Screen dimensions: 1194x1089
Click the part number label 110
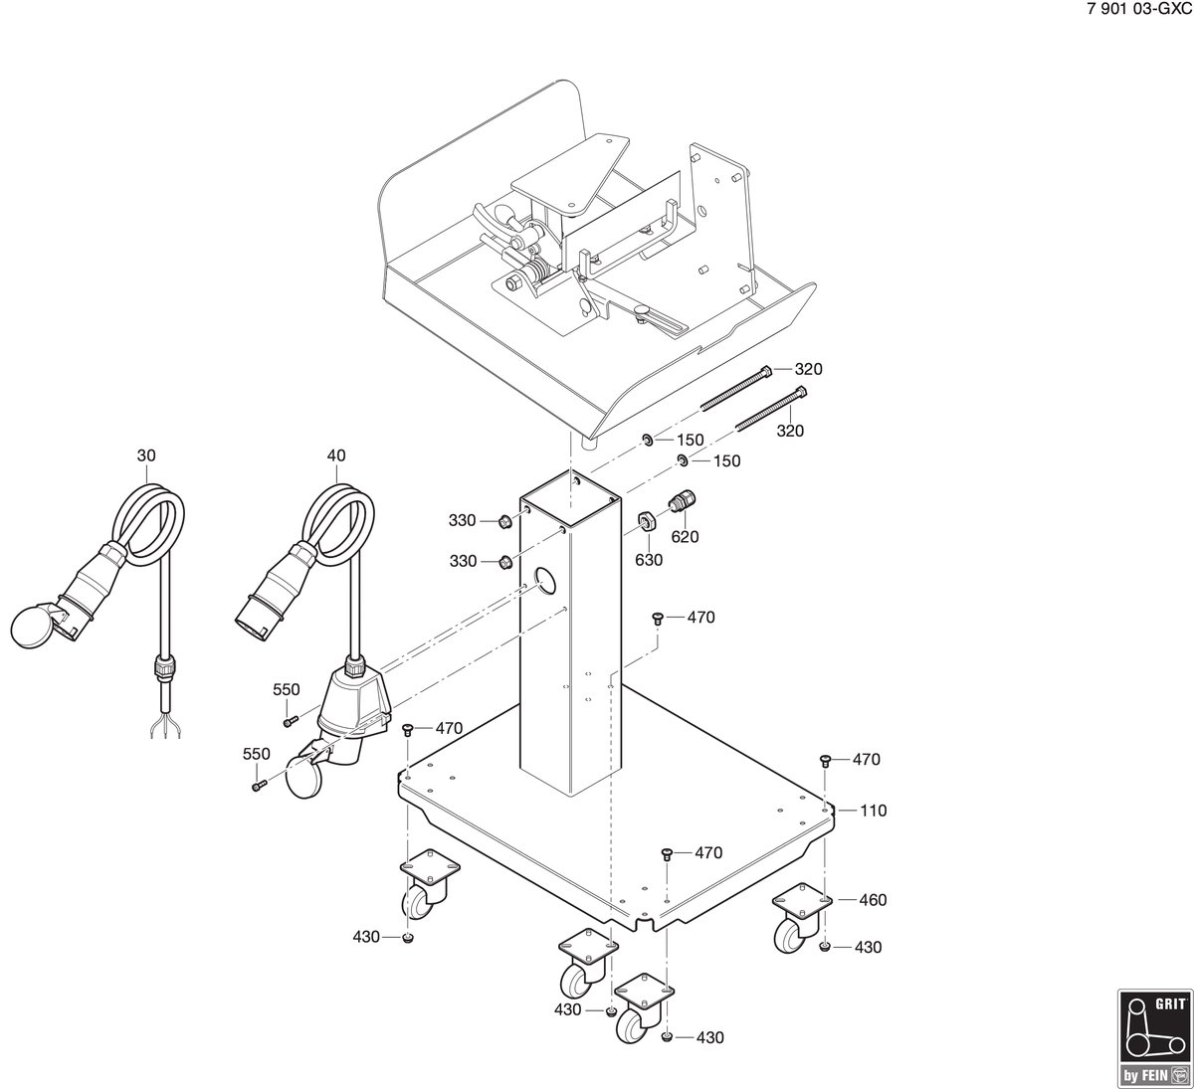point(873,811)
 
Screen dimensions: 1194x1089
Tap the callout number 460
point(873,900)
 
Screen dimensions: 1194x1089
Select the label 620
point(685,537)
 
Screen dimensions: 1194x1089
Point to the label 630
point(648,560)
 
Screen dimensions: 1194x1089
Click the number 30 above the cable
point(146,455)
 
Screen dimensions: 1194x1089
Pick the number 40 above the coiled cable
point(336,455)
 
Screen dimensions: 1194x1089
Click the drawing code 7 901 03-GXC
point(1139,11)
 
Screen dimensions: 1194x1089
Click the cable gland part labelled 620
point(683,501)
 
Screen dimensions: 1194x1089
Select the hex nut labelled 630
point(647,522)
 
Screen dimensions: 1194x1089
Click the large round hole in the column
point(545,582)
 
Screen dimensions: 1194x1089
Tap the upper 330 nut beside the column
point(504,522)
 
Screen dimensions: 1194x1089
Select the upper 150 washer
point(647,440)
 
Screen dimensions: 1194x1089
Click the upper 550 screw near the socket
point(290,722)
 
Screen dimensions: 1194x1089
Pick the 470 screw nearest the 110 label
point(825,759)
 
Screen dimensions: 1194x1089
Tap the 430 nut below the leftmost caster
point(408,938)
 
